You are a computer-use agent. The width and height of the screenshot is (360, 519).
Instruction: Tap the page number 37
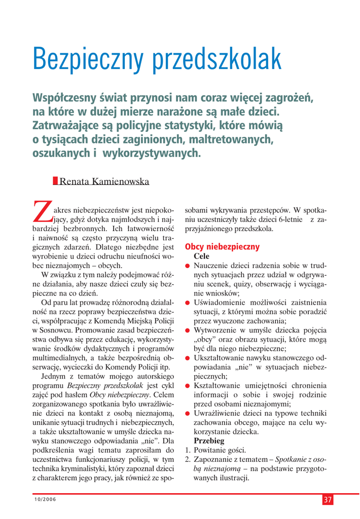[328, 500]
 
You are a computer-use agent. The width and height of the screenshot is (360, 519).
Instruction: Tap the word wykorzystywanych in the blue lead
[152, 152]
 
